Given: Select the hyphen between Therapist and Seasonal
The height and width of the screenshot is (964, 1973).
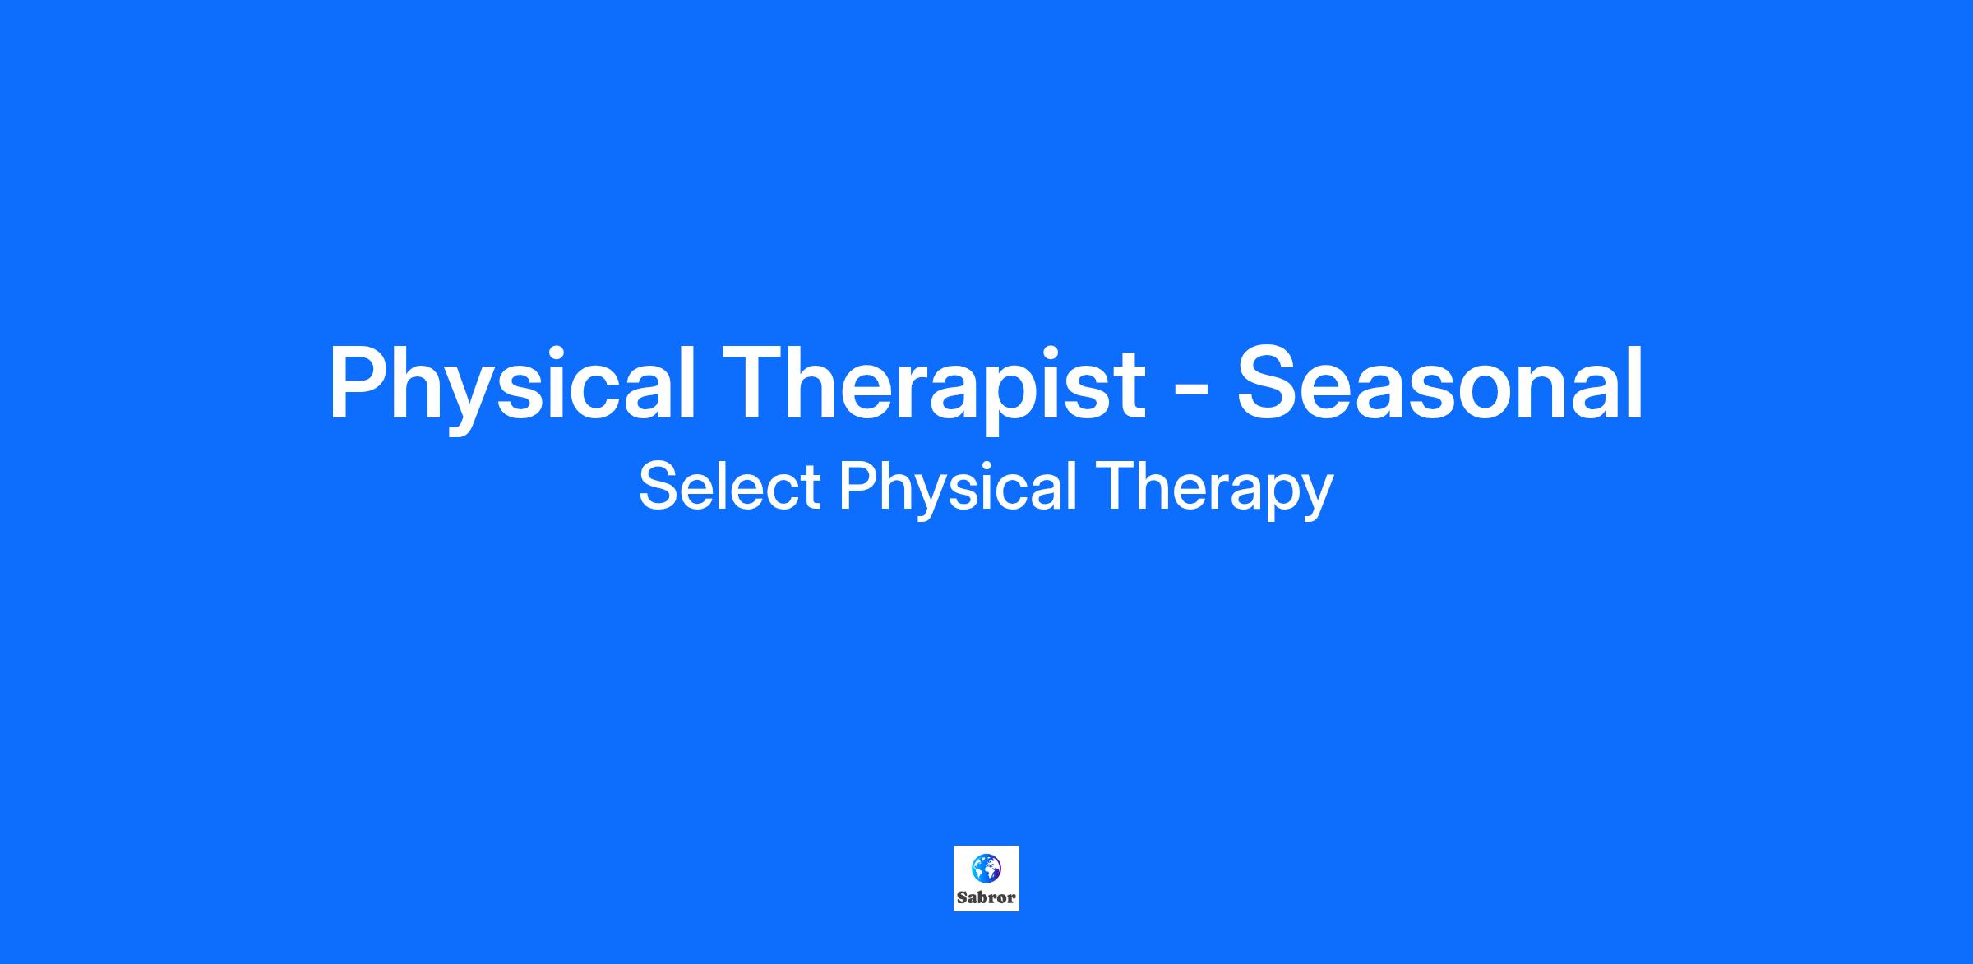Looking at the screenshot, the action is (1191, 394).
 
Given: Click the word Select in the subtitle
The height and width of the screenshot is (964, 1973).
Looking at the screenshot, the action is (729, 486).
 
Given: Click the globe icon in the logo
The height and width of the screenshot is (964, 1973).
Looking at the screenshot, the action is (987, 868).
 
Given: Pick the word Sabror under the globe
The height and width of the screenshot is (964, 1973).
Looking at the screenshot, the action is (987, 897).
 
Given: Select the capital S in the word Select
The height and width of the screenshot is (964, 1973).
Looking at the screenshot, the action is (657, 486).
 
